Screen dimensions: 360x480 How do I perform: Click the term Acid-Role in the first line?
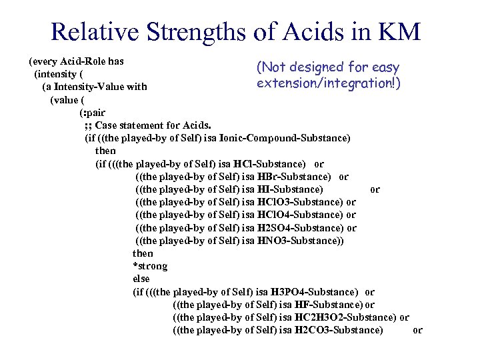81,61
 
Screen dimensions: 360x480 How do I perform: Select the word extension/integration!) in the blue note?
328,83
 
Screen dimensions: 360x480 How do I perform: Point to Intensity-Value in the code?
95,87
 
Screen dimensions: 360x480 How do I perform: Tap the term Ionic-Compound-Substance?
294,138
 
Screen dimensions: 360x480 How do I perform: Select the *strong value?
150,266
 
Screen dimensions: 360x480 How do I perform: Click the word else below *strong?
141,279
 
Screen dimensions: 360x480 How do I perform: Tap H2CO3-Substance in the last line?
339,330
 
